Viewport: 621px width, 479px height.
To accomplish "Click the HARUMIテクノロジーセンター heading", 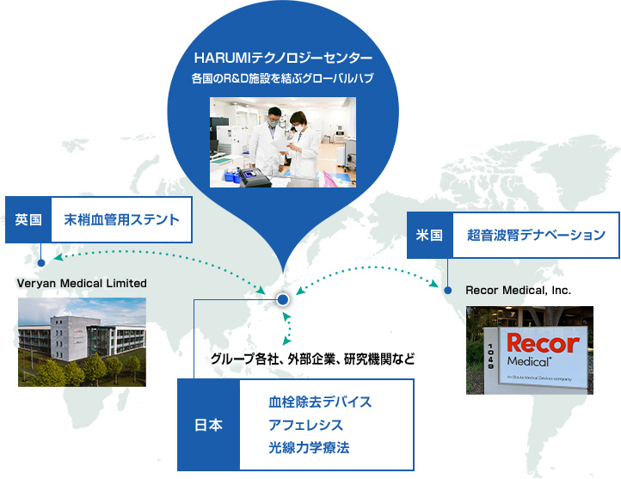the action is (x=283, y=58).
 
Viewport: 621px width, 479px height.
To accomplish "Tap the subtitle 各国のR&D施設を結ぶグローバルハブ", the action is (x=283, y=78).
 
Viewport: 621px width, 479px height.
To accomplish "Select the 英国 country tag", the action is (x=28, y=219).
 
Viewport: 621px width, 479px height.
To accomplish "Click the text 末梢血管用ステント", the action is (x=121, y=219).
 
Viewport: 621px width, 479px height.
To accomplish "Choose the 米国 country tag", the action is (x=430, y=235).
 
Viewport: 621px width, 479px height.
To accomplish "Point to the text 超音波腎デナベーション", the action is (x=536, y=235).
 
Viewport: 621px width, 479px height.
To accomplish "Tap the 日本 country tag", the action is (x=209, y=425).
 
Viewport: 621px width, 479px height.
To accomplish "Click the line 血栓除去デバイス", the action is (x=320, y=402).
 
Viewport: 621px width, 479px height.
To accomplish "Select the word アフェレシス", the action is (x=305, y=425).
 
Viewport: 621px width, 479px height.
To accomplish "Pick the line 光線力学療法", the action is (x=309, y=448).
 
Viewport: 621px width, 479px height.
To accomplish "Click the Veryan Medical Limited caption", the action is (x=82, y=284).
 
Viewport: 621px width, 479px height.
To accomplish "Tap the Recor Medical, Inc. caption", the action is (x=518, y=290).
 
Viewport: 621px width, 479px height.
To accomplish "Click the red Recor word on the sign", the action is (x=543, y=343).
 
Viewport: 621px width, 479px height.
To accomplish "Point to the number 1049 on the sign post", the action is (x=491, y=356).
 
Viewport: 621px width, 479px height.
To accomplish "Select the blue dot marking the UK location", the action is (x=40, y=263).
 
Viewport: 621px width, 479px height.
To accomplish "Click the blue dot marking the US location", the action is (x=447, y=291).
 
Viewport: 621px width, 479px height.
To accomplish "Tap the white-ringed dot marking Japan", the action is (x=283, y=299).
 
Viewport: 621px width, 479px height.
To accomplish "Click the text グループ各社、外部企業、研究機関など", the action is (x=312, y=359).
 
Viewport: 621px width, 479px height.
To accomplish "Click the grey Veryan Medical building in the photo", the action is (x=75, y=339).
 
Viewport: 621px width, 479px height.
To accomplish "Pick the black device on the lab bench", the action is (x=255, y=178).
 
